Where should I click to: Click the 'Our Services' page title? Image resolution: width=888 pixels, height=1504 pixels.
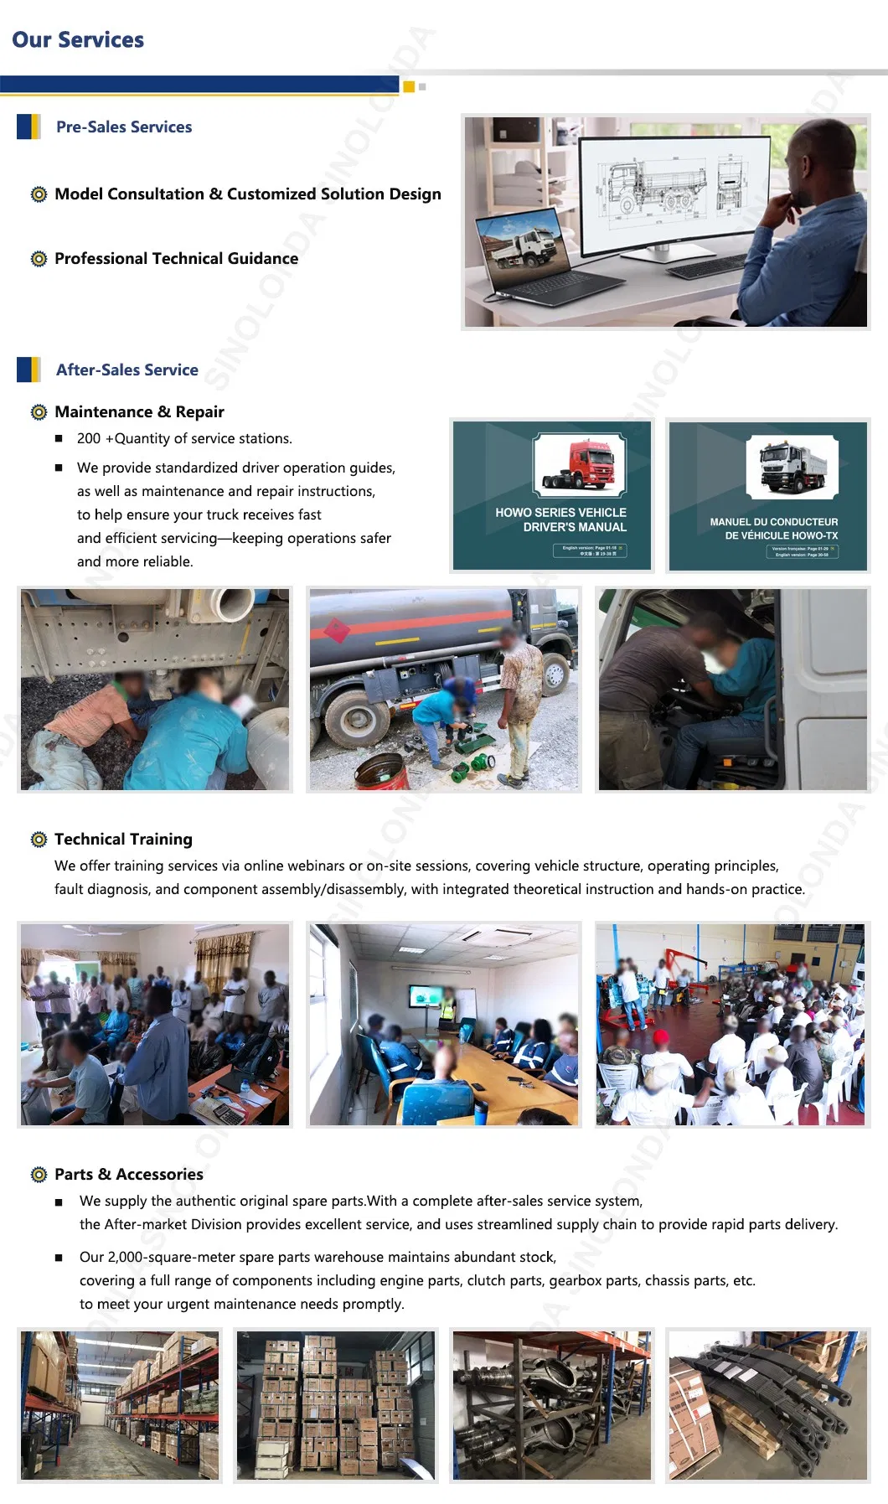tap(78, 40)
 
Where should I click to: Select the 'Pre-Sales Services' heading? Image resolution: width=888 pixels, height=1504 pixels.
tap(124, 127)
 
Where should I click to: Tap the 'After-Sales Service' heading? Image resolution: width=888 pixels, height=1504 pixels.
tap(127, 370)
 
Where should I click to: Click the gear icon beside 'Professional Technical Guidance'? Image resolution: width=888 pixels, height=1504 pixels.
tap(39, 259)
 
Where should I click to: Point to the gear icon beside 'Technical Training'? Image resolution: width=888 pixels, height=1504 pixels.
tap(39, 840)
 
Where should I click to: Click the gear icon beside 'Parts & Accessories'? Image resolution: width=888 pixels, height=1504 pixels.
tap(39, 1175)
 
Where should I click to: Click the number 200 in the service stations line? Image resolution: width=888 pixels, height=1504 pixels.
tap(89, 439)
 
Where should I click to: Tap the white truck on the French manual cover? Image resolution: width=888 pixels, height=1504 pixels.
tap(791, 466)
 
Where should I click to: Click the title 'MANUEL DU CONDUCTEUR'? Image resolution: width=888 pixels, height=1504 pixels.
tap(773, 522)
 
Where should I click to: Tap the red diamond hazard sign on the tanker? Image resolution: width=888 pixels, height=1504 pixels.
tap(337, 631)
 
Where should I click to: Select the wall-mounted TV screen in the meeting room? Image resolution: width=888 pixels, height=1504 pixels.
tap(426, 996)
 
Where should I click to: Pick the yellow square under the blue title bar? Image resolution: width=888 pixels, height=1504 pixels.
tap(409, 87)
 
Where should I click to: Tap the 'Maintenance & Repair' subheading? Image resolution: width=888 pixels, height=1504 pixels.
tap(139, 412)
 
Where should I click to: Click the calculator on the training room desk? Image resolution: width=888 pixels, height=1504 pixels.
tap(227, 1113)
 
